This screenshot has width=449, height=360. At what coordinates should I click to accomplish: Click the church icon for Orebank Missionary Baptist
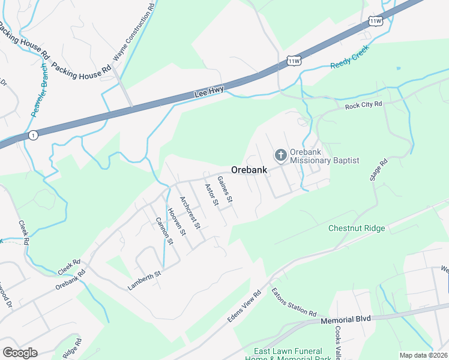point(280,155)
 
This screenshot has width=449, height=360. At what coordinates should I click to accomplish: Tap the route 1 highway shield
point(32,136)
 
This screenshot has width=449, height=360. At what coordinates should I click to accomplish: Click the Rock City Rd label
point(363,106)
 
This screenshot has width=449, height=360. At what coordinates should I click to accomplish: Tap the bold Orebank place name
point(249,170)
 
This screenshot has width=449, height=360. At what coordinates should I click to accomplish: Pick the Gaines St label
point(224,189)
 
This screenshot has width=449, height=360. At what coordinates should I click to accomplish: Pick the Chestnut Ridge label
point(357,228)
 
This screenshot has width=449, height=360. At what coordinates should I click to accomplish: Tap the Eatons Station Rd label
point(294,302)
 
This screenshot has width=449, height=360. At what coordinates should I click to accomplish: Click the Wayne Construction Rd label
point(133,34)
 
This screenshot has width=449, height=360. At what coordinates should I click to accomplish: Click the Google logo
point(20,353)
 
